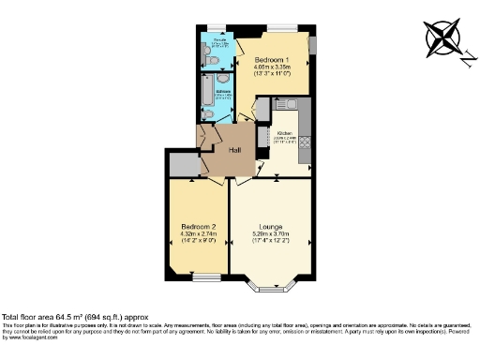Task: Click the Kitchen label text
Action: click(285, 133)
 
